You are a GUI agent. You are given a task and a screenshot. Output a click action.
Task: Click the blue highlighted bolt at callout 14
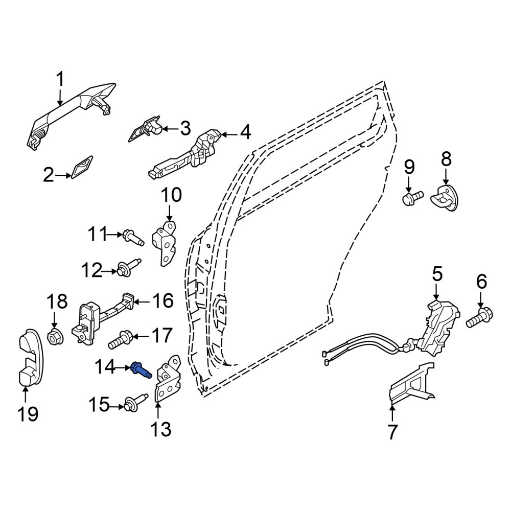pos(141,370)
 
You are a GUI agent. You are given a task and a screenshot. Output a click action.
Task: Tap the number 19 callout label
pos(28,414)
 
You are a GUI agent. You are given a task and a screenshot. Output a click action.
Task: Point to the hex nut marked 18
pos(55,337)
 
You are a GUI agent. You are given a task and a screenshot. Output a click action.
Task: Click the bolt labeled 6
pos(479,317)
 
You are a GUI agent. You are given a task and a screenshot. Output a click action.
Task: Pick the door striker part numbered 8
pos(445,198)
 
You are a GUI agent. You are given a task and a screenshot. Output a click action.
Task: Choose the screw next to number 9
pos(413,198)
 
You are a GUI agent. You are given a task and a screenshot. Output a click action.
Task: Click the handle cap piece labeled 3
pos(145,129)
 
